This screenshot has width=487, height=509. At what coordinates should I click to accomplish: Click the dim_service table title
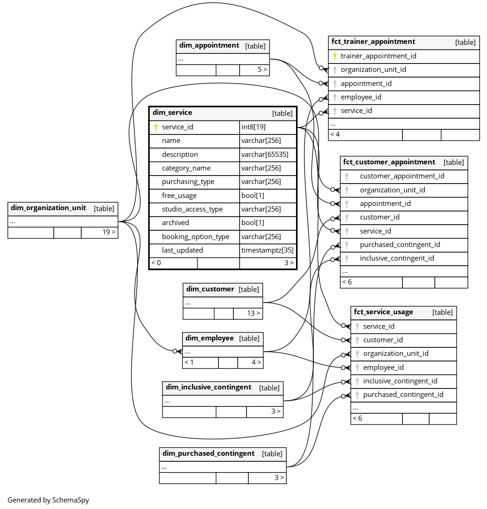pyautogui.click(x=172, y=113)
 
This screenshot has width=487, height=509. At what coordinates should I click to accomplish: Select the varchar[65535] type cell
pyautogui.click(x=264, y=155)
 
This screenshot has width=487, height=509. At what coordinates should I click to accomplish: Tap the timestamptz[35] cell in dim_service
pyautogui.click(x=267, y=250)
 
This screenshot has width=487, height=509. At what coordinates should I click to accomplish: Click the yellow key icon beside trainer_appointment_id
pyautogui.click(x=334, y=56)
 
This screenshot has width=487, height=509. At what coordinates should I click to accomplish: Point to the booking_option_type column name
pyautogui.click(x=195, y=237)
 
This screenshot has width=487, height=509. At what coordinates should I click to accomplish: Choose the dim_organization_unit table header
pyautogui.click(x=48, y=208)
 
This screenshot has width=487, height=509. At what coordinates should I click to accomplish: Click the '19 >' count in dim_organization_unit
pyautogui.click(x=109, y=232)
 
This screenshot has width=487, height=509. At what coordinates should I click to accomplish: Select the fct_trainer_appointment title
pyautogui.click(x=373, y=42)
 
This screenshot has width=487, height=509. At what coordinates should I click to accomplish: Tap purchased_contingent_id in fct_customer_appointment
pyautogui.click(x=400, y=245)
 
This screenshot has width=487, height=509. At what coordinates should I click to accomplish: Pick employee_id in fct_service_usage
pyautogui.click(x=383, y=368)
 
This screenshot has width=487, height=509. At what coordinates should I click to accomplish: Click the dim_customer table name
pyautogui.click(x=210, y=289)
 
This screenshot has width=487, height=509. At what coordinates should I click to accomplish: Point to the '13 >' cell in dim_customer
pyautogui.click(x=254, y=313)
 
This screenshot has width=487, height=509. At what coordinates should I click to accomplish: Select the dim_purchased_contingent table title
pyautogui.click(x=208, y=453)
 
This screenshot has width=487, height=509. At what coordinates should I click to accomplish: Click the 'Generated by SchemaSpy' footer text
pyautogui.click(x=48, y=500)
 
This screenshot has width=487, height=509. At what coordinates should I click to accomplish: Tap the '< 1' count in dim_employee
pyautogui.click(x=189, y=362)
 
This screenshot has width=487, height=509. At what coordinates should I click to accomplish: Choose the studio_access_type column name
pyautogui.click(x=192, y=209)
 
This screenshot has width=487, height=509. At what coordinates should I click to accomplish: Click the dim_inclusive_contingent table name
pyautogui.click(x=208, y=387)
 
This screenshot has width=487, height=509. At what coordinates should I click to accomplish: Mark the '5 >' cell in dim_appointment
pyautogui.click(x=262, y=70)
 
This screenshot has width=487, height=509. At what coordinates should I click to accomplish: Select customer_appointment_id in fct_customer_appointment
pyautogui.click(x=402, y=176)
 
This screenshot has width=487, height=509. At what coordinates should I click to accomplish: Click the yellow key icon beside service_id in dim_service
pyautogui.click(x=155, y=127)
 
